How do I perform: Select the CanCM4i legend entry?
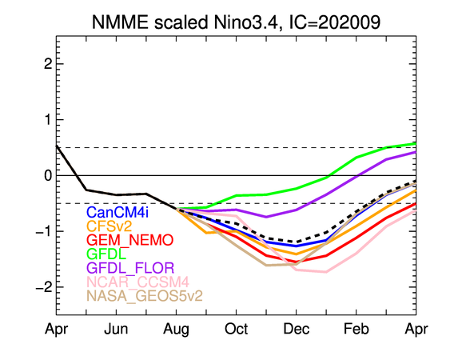117,212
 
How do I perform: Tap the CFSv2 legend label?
109,226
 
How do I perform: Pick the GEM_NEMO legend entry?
130,240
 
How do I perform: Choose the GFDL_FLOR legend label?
130,268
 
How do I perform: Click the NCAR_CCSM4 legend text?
137,282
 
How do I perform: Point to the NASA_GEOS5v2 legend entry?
145,295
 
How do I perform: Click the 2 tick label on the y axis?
48,64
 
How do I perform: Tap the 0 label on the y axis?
48,175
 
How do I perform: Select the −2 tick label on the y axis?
44,287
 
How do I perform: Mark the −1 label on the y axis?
44,231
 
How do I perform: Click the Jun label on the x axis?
116,329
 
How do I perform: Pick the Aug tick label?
176,330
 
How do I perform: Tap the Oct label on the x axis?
237,329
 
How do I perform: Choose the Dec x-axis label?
297,329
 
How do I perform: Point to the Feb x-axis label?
356,329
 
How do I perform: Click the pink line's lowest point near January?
326,272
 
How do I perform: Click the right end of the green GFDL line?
416,143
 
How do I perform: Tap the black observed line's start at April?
56,146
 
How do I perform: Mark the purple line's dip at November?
266,217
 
